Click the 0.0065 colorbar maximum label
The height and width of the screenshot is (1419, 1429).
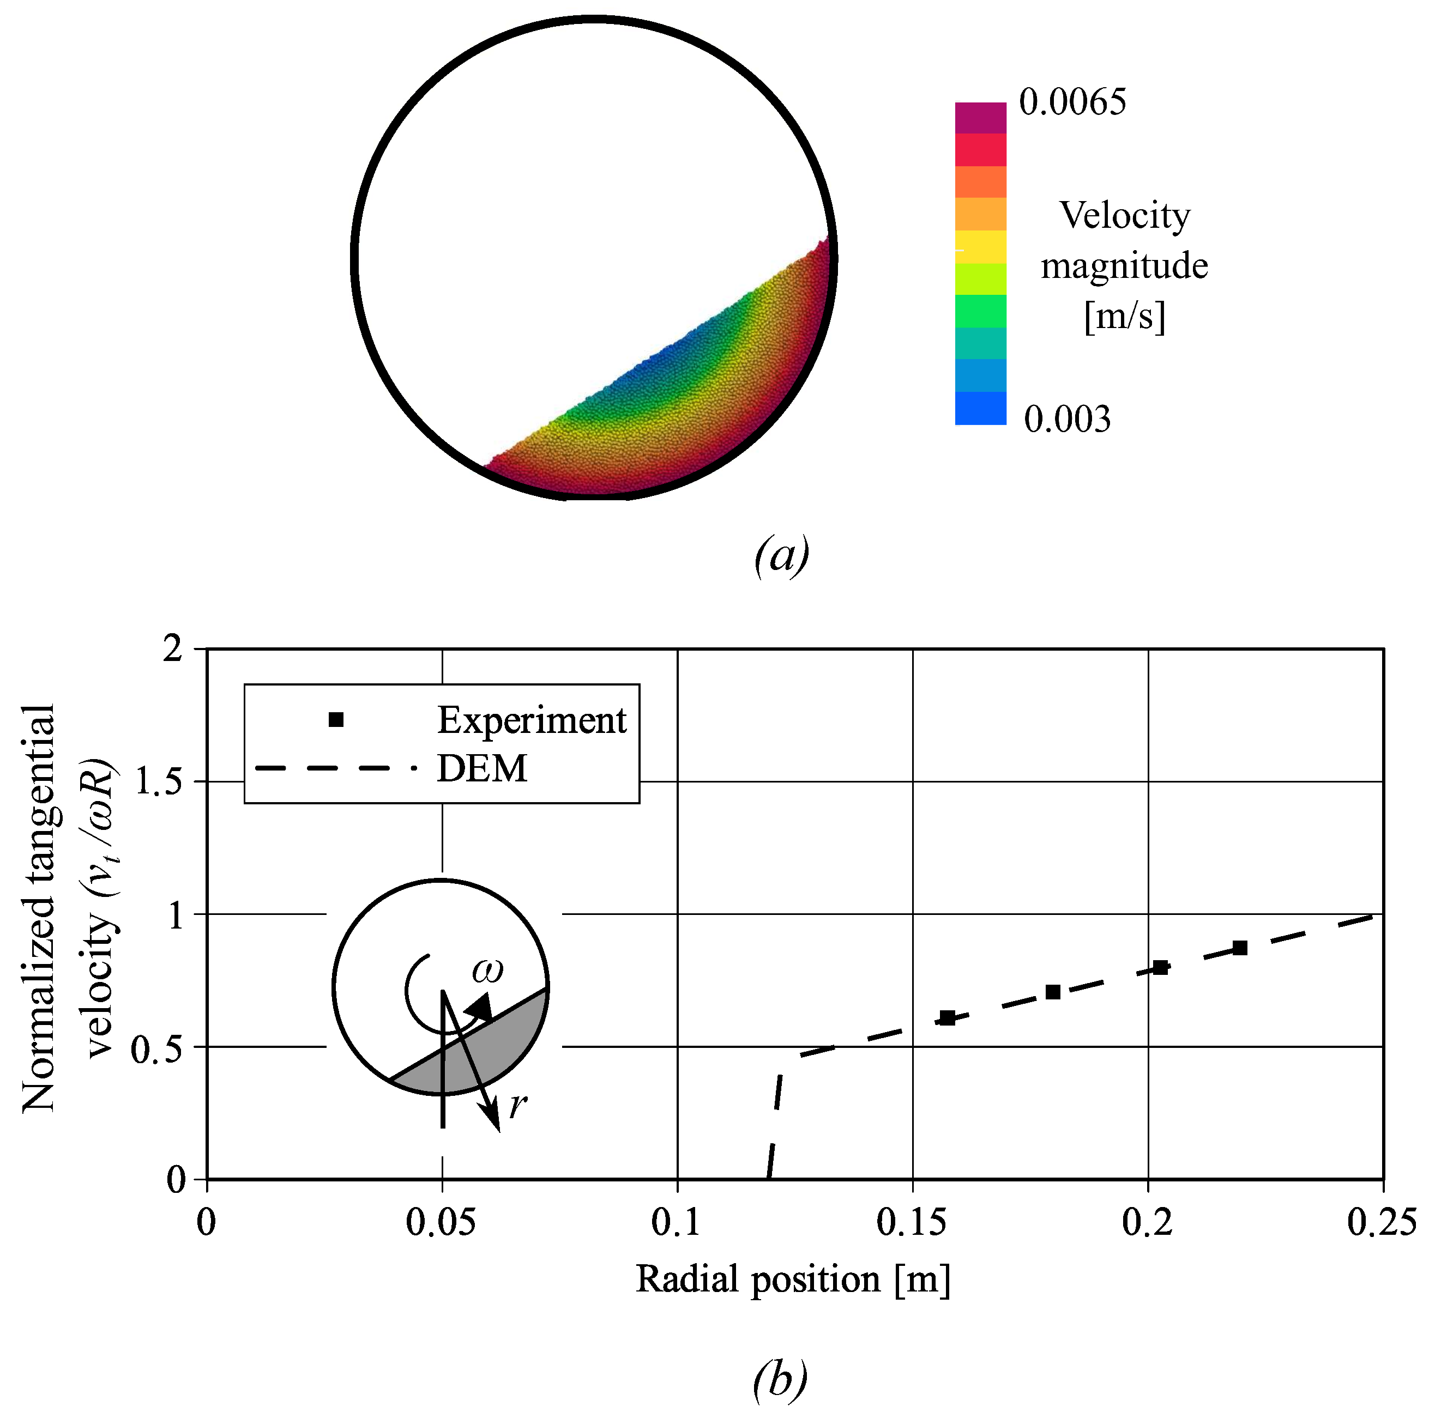coord(1072,102)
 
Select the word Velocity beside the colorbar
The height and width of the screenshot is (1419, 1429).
coord(1124,216)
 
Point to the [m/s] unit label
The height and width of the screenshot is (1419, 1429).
coord(1124,317)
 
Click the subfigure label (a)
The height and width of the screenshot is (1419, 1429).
coord(781,555)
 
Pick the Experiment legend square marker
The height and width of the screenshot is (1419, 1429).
coord(336,719)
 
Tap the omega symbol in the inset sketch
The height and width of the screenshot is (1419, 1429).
coord(487,970)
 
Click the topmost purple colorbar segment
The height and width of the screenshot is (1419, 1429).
coord(980,118)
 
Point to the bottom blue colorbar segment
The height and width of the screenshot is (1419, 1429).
coord(980,408)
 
